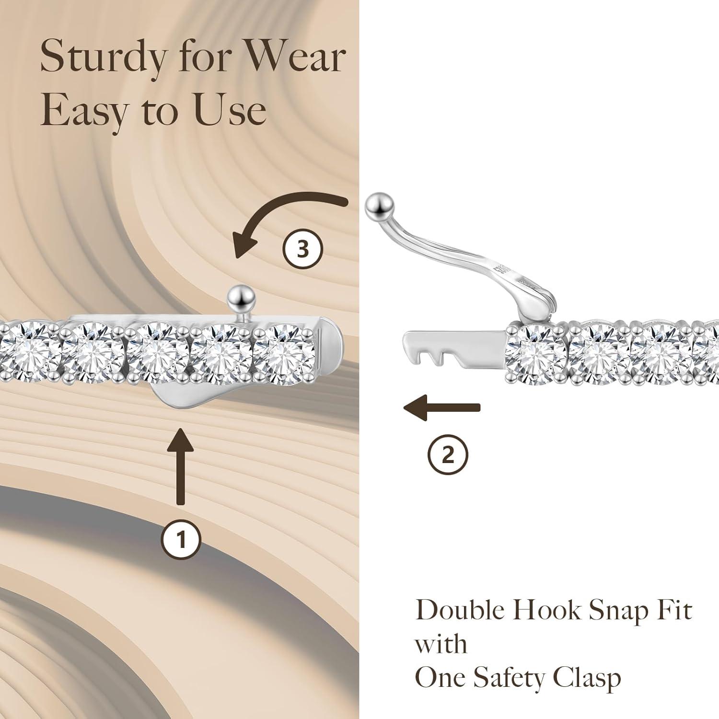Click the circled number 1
click(x=181, y=540)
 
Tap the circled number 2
click(x=447, y=454)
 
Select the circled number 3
click(x=302, y=249)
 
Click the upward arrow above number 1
click(x=181, y=465)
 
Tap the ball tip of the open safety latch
click(x=379, y=206)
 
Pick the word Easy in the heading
click(x=84, y=110)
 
